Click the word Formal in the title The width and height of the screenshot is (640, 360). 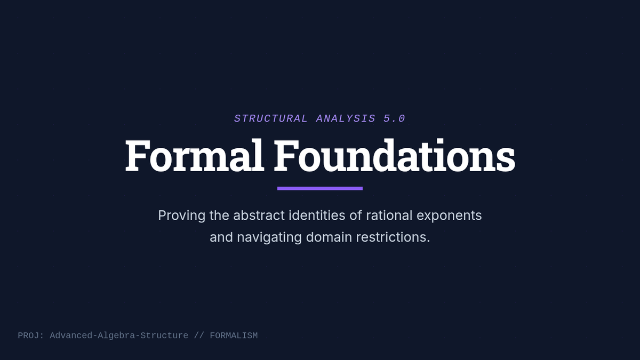(x=195, y=155)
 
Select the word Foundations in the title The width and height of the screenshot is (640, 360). (x=395, y=155)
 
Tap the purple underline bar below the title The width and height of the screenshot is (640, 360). (x=320, y=188)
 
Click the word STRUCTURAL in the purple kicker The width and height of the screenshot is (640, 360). (x=271, y=118)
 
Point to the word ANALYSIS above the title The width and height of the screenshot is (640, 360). (x=346, y=118)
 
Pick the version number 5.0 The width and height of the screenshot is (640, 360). (x=394, y=118)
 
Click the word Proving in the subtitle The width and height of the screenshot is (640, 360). (x=182, y=215)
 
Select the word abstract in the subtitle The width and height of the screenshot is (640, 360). (x=259, y=215)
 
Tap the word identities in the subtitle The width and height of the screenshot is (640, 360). (x=317, y=215)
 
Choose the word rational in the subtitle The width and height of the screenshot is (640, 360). (x=389, y=215)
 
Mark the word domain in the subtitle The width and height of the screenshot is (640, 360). (x=329, y=237)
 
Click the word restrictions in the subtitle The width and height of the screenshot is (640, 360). (x=393, y=237)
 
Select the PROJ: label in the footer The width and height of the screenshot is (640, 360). (x=31, y=335)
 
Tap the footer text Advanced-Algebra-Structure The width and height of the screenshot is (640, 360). (x=119, y=335)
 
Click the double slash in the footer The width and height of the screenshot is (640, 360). (x=199, y=335)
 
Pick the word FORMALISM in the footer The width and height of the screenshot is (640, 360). (x=234, y=335)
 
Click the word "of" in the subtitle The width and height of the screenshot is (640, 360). (x=356, y=215)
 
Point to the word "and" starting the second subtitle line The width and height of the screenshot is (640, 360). (x=221, y=237)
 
